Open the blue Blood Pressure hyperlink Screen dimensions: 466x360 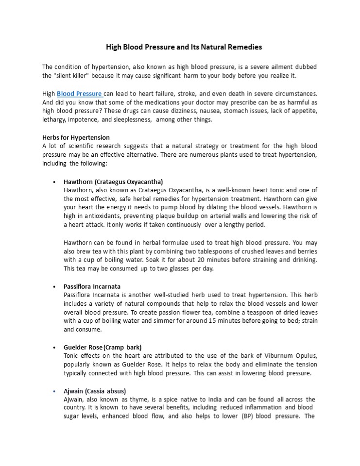pyautogui.click(x=79, y=94)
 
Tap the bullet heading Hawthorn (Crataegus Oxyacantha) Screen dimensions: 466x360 pyautogui.click(x=113, y=182)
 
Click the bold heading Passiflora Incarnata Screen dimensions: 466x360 pyautogui.click(x=92, y=286)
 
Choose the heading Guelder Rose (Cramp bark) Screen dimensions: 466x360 pyautogui.click(x=103, y=348)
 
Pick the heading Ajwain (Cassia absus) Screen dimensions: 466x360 pyautogui.click(x=95, y=391)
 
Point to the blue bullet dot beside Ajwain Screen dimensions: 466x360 pyautogui.click(x=53, y=391)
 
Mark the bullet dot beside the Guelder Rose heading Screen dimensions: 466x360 pyautogui.click(x=53, y=348)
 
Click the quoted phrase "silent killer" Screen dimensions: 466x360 pyautogui.click(x=65, y=76)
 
